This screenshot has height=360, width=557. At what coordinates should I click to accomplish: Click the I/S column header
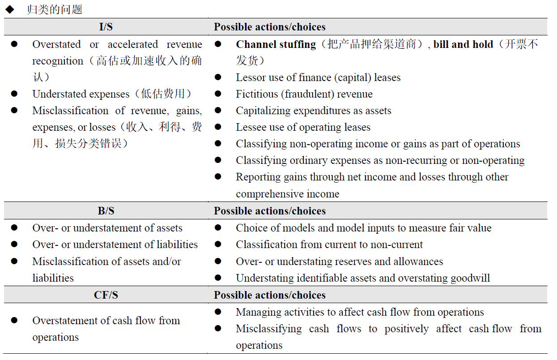click(106, 27)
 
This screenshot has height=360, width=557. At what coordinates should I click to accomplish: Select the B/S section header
click(106, 211)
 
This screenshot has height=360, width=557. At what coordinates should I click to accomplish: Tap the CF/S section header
click(106, 295)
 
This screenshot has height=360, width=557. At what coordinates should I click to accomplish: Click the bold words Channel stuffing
click(276, 44)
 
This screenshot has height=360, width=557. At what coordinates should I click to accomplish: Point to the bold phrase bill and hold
click(463, 44)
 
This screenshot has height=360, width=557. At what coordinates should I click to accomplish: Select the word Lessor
click(250, 77)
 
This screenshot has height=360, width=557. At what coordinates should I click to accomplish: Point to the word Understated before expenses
click(57, 94)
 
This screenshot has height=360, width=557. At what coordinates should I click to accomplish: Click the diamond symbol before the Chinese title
click(9, 10)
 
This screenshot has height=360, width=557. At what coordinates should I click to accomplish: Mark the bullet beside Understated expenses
click(14, 94)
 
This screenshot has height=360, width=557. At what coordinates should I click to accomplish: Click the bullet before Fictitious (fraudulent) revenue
click(218, 94)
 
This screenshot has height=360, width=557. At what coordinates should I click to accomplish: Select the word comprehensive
click(263, 194)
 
